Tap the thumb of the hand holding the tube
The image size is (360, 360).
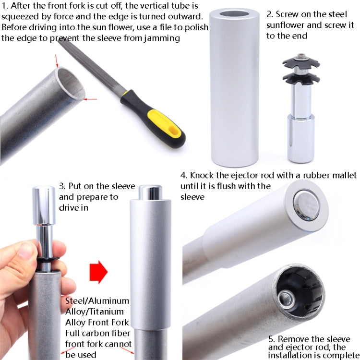tap(24, 252)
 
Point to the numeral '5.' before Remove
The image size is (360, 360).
tap(272, 339)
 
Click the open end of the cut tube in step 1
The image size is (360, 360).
tap(69, 84)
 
